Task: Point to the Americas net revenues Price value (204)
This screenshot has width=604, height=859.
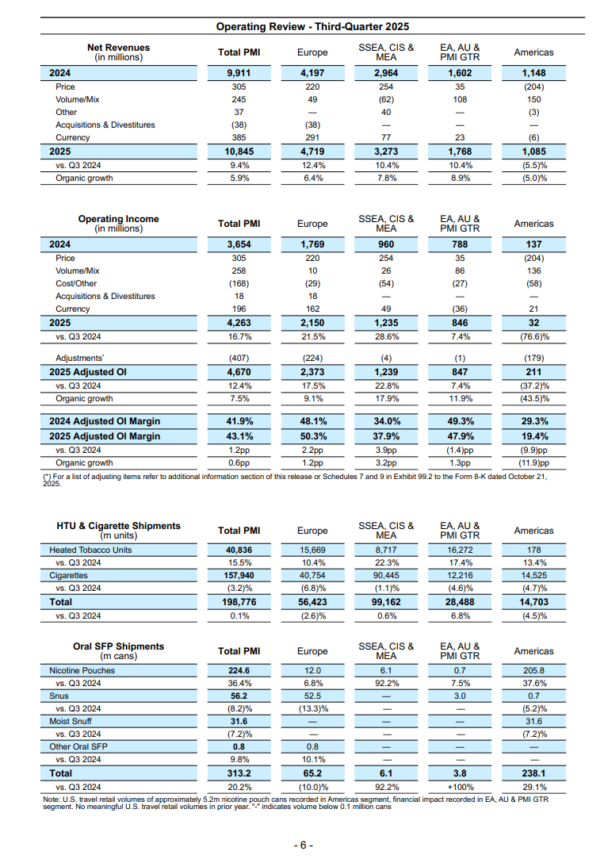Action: (533, 86)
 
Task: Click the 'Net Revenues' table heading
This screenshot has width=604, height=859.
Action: (118, 48)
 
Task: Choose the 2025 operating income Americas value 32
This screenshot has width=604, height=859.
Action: (533, 323)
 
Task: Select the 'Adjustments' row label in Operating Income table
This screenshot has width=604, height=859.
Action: (80, 359)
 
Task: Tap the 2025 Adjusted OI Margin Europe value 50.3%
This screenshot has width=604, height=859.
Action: (312, 436)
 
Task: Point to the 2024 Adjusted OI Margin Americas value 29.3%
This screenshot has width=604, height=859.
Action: (533, 421)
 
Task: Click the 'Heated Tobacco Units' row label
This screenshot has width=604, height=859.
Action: (90, 550)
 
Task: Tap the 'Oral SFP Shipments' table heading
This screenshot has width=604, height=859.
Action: (118, 646)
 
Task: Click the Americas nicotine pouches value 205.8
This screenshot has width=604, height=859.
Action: (533, 670)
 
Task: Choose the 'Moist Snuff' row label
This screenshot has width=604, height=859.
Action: (71, 722)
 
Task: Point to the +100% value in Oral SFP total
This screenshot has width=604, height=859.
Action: (460, 785)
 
